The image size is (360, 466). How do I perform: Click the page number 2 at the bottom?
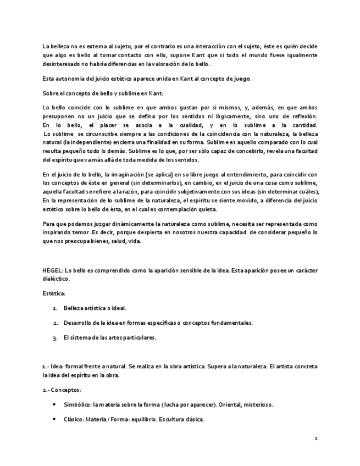pyautogui.click(x=315, y=439)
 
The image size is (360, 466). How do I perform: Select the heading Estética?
pyautogui.click(x=54, y=294)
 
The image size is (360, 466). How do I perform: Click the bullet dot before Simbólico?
pyautogui.click(x=53, y=404)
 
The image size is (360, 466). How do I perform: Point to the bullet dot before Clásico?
pyautogui.click(x=53, y=419)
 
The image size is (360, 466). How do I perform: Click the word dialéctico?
pyautogui.click(x=57, y=279)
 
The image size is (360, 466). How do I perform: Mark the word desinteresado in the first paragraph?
pyautogui.click(x=61, y=63)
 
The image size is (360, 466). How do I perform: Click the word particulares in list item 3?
pyautogui.click(x=140, y=338)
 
